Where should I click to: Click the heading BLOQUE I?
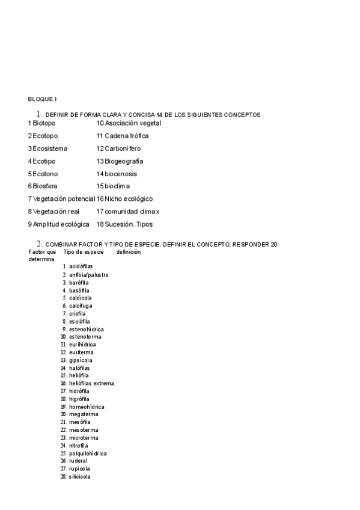pos(43,99)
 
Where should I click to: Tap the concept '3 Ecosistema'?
pos(47,148)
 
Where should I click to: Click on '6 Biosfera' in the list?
pos(43,186)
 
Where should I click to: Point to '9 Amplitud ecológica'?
pos(58,224)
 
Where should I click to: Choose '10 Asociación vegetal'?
pos(129,123)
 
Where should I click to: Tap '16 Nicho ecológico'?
pos(124,198)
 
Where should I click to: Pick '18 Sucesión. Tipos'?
pos(124,224)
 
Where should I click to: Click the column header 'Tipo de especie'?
pos(84,252)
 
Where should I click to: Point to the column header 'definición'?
pos(129,252)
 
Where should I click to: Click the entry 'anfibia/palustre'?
pos(89,274)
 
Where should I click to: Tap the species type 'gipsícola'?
pos(81,360)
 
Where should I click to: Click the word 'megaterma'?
pos(84,414)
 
